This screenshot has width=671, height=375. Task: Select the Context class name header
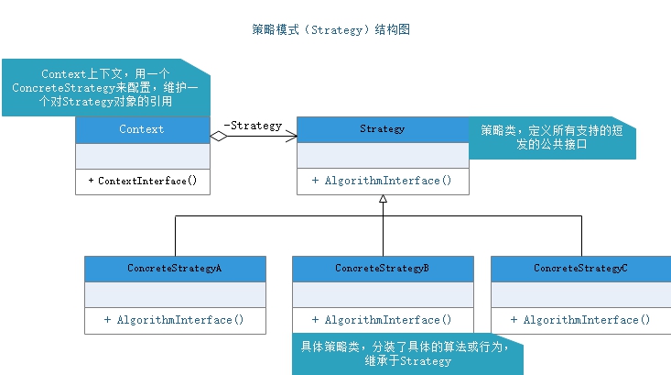pos(142,129)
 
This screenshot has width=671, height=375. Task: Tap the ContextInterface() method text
pos(143,181)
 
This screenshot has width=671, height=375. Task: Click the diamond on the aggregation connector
pos(219,137)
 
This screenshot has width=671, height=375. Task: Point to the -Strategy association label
pos(253,126)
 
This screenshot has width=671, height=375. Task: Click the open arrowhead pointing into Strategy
pos(291,137)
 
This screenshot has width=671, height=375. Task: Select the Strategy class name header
pos(383,129)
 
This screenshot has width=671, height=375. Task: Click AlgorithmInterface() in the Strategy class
pos(383,181)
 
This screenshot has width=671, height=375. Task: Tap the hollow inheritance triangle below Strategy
pos(383,201)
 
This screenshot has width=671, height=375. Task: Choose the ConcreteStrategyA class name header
pos(175,268)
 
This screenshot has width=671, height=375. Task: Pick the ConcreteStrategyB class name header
pos(383,268)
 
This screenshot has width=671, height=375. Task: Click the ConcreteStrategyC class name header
pos(580,268)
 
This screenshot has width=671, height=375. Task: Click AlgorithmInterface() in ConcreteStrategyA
pos(175,320)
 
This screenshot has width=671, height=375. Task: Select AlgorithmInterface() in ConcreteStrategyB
pos(383,320)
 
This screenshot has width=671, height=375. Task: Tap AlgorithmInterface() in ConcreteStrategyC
pos(580,320)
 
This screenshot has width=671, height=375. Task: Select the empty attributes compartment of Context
pos(142,156)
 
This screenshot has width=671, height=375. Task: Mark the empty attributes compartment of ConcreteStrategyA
pos(175,294)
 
